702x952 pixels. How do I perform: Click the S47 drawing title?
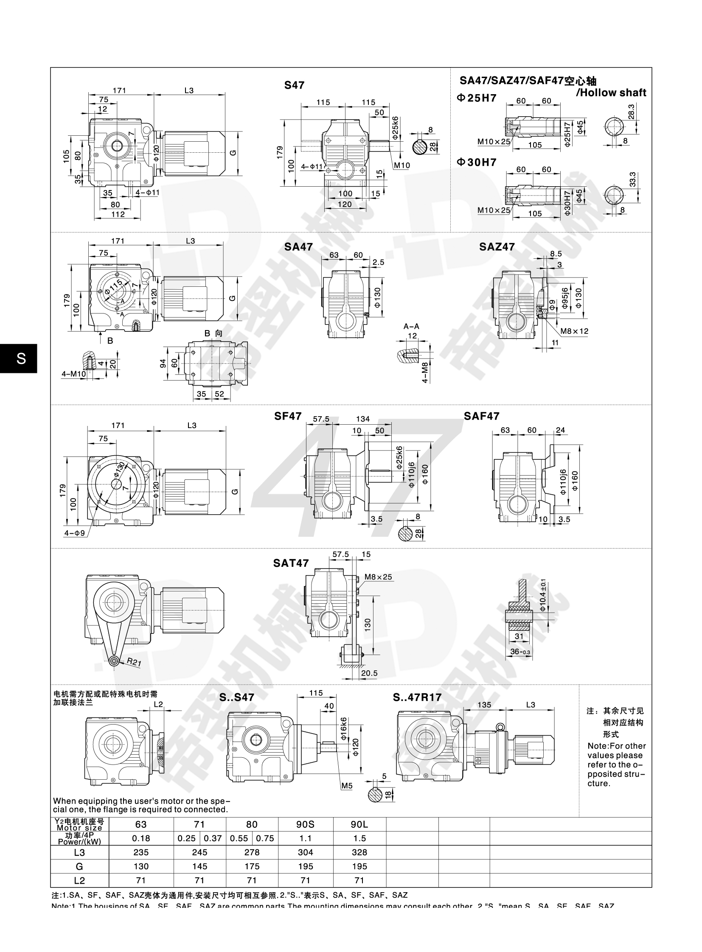[294, 85]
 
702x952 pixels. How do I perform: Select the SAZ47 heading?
[497, 247]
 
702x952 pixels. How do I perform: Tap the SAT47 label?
[291, 563]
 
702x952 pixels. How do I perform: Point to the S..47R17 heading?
[417, 697]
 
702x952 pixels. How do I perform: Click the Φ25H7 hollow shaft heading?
[476, 98]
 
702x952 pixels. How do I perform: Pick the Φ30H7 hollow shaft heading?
[476, 162]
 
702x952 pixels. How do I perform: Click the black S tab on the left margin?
[20, 358]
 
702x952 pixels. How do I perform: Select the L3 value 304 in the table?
[305, 852]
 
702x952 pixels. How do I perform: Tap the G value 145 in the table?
[199, 866]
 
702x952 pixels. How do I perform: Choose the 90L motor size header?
[359, 825]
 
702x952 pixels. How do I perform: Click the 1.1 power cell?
[305, 838]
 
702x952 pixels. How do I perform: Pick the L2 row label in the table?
[79, 880]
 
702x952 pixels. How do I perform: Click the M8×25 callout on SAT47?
[378, 577]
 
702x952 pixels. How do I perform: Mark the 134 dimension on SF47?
[362, 419]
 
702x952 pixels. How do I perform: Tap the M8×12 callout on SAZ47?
[575, 331]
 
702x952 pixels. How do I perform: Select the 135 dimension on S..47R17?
[484, 705]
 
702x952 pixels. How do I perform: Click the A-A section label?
[411, 326]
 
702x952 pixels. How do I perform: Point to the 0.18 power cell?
[141, 838]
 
